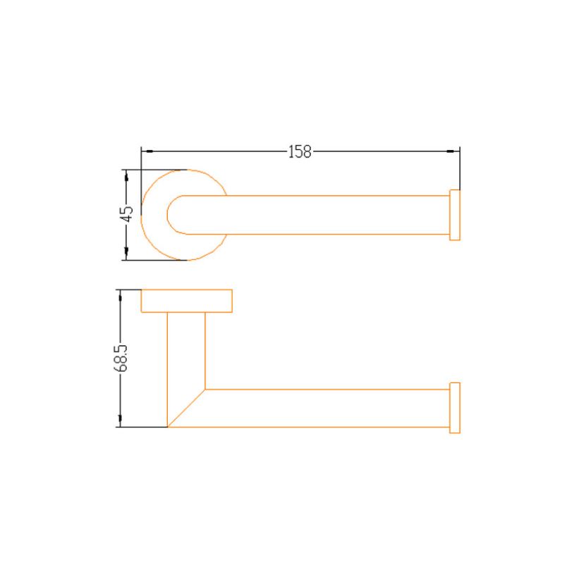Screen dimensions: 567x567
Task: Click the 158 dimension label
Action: [x=300, y=152]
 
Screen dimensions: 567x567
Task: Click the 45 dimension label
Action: [x=127, y=214]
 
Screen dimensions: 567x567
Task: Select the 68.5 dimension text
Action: [x=121, y=358]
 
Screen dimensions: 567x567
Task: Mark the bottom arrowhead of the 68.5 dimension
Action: [x=120, y=420]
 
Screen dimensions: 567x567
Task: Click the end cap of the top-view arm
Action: [x=455, y=215]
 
